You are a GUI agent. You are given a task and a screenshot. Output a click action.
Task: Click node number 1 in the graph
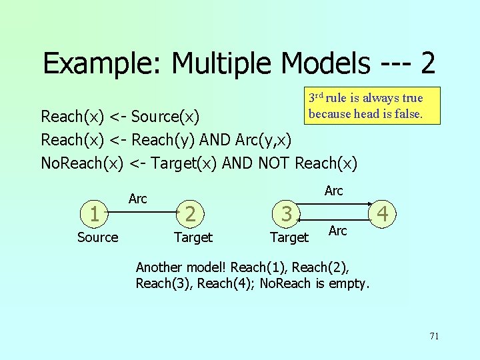pyautogui.click(x=95, y=214)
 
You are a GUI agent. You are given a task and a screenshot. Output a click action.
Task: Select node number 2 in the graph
pyautogui.click(x=191, y=214)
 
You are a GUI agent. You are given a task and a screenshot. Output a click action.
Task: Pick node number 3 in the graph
pyautogui.click(x=287, y=214)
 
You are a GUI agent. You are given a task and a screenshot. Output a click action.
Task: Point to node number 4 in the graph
pyautogui.click(x=382, y=214)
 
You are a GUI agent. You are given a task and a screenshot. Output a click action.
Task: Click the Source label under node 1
pyautogui.click(x=97, y=237)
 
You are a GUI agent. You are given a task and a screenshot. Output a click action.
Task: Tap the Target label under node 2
pyautogui.click(x=193, y=237)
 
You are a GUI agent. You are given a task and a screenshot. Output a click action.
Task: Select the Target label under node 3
pyautogui.click(x=289, y=237)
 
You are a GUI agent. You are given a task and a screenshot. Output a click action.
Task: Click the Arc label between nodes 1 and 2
pyautogui.click(x=137, y=199)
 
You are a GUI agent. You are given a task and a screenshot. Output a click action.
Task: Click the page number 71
pyautogui.click(x=434, y=336)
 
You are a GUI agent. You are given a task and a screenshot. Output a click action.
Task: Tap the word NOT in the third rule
pyautogui.click(x=273, y=163)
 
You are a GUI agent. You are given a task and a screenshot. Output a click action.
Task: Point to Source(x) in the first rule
pyautogui.click(x=165, y=117)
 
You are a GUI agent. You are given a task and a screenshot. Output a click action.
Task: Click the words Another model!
pyautogui.click(x=181, y=267)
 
